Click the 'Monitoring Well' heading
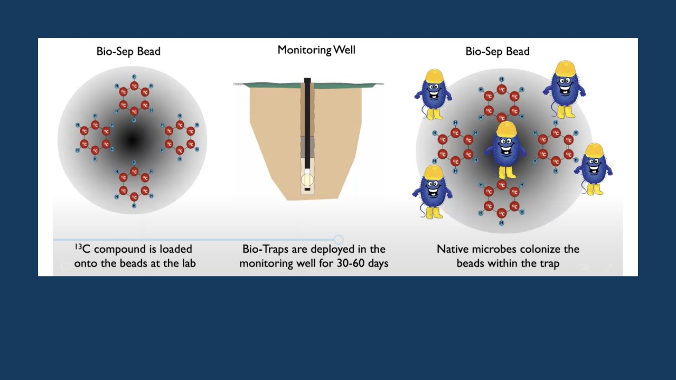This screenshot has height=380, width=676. click(x=316, y=50)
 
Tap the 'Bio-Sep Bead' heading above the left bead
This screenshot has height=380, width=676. click(x=128, y=51)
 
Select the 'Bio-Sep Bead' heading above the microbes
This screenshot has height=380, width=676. click(x=497, y=51)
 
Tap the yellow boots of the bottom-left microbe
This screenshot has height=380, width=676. click(x=434, y=212)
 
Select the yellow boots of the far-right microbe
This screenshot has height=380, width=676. click(x=595, y=189)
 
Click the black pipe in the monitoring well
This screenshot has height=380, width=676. click(x=307, y=121)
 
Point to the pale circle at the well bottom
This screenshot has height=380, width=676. click(x=307, y=180)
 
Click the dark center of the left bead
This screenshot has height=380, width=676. click(x=132, y=140)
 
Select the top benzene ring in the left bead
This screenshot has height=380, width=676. click(x=134, y=98)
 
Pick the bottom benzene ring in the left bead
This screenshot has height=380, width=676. click(x=134, y=184)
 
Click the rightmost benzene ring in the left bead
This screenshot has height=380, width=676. click(x=180, y=137)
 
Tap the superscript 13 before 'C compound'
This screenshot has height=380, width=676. click(x=78, y=246)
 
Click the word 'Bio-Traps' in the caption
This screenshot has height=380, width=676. click(x=266, y=249)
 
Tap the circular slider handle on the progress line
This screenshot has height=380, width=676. click(x=339, y=240)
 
